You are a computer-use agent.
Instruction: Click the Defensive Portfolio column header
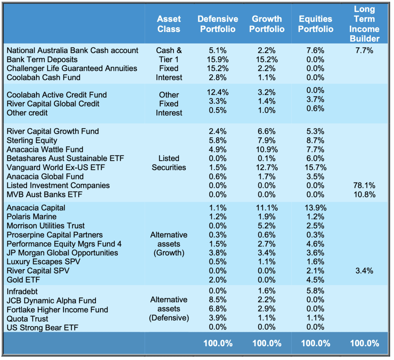coord(218,24)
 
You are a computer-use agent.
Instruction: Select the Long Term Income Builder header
coord(364,24)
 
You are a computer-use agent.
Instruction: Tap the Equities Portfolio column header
coord(316,24)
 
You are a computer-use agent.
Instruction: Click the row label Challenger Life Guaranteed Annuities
coord(72,69)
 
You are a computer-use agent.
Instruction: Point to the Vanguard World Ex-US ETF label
coord(56,167)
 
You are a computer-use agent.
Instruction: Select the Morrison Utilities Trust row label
coord(45,226)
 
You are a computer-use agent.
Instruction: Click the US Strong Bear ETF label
coord(42,328)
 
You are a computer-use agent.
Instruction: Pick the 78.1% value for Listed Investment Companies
coord(364,186)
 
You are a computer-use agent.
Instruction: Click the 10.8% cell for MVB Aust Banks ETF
coord(364,194)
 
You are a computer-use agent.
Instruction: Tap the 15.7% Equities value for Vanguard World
coord(316,167)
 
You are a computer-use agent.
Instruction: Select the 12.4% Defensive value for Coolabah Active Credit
coord(218,92)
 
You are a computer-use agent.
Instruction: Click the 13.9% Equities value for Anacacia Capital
coord(316,208)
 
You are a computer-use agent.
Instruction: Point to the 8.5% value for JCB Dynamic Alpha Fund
coord(218,300)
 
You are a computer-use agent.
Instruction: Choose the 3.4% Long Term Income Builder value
coord(364,271)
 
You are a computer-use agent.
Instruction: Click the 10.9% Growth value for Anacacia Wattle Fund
coord(267,149)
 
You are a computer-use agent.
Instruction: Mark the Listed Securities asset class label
coord(169,163)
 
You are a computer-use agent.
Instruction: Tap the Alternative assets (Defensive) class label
coord(169,309)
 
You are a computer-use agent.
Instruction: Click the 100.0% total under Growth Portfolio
coord(267,343)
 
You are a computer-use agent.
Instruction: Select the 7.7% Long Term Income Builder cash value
coord(364,50)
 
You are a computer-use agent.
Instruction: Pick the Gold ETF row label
coord(23,280)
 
